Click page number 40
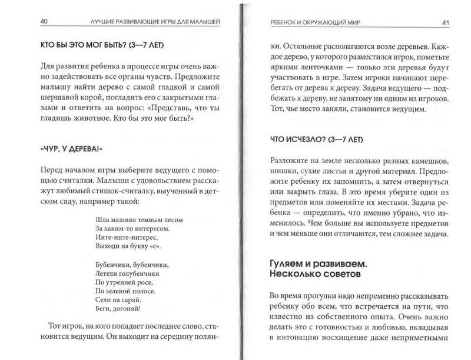tap(28, 23)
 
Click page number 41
tap(446, 23)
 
